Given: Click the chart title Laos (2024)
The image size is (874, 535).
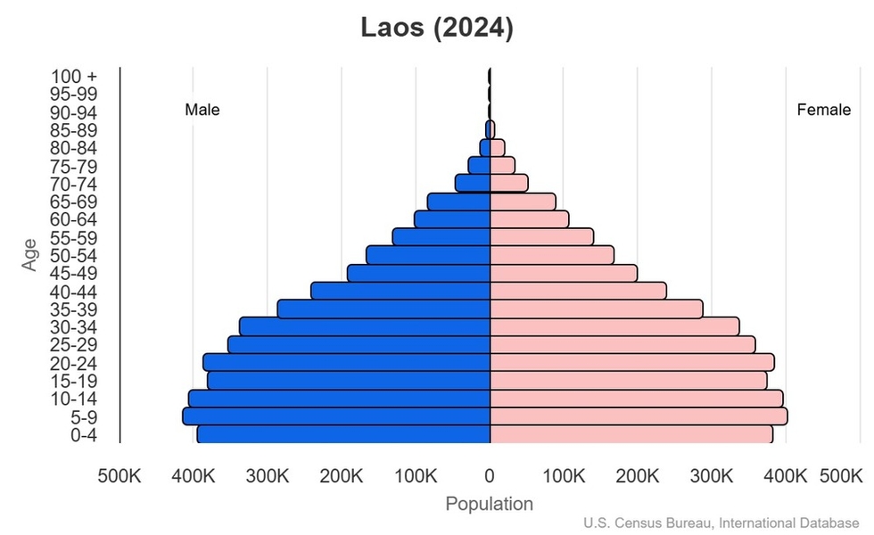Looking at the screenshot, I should coord(437,28).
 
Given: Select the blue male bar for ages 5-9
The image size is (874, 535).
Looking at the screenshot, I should coord(337,416).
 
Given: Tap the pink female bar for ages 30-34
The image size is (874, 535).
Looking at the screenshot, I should coord(614,326).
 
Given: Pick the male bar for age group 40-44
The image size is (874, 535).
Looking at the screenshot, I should coord(400,291).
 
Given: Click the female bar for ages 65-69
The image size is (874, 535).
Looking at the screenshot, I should coord(523,202).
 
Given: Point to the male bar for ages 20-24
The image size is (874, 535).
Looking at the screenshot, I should coord(347,362).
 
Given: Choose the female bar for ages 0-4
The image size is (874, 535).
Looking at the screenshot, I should coord(631,434).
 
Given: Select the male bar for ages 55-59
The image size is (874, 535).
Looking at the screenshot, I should coord(441,237).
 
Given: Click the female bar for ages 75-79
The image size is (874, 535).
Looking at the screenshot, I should coord(502,166).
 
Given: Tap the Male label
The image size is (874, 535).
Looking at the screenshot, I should coord(202,111).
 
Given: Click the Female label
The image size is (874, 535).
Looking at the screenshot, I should coord(823,111).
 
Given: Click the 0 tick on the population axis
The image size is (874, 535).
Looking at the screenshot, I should coord(490,476).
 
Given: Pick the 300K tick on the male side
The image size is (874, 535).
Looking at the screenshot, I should coord(268,476).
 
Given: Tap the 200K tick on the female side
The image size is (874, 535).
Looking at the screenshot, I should coord(638,476).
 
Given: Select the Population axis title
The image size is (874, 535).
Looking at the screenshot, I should coord(490,504).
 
